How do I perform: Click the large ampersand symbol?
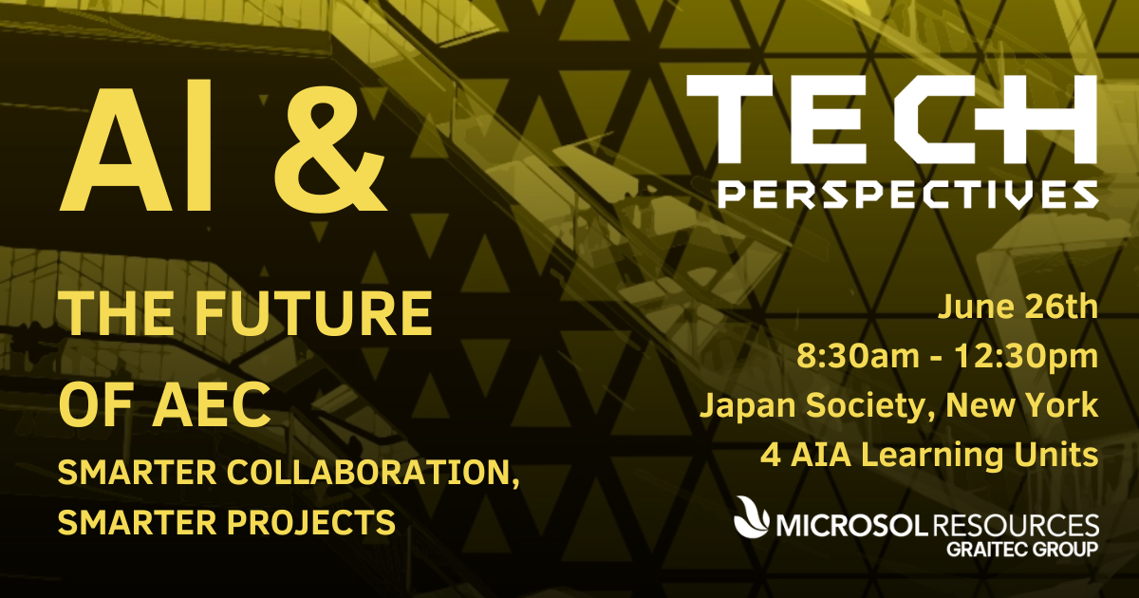(x=329, y=152)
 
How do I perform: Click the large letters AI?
(x=135, y=145)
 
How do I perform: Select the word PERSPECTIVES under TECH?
(x=908, y=196)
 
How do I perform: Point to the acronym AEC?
(x=211, y=404)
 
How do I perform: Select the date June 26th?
(x=1018, y=307)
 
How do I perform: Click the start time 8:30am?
(x=858, y=356)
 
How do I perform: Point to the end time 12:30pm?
(x=1026, y=356)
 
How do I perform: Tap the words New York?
(x=1022, y=404)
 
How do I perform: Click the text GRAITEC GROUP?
(x=1022, y=550)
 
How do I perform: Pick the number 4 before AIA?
(x=771, y=455)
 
